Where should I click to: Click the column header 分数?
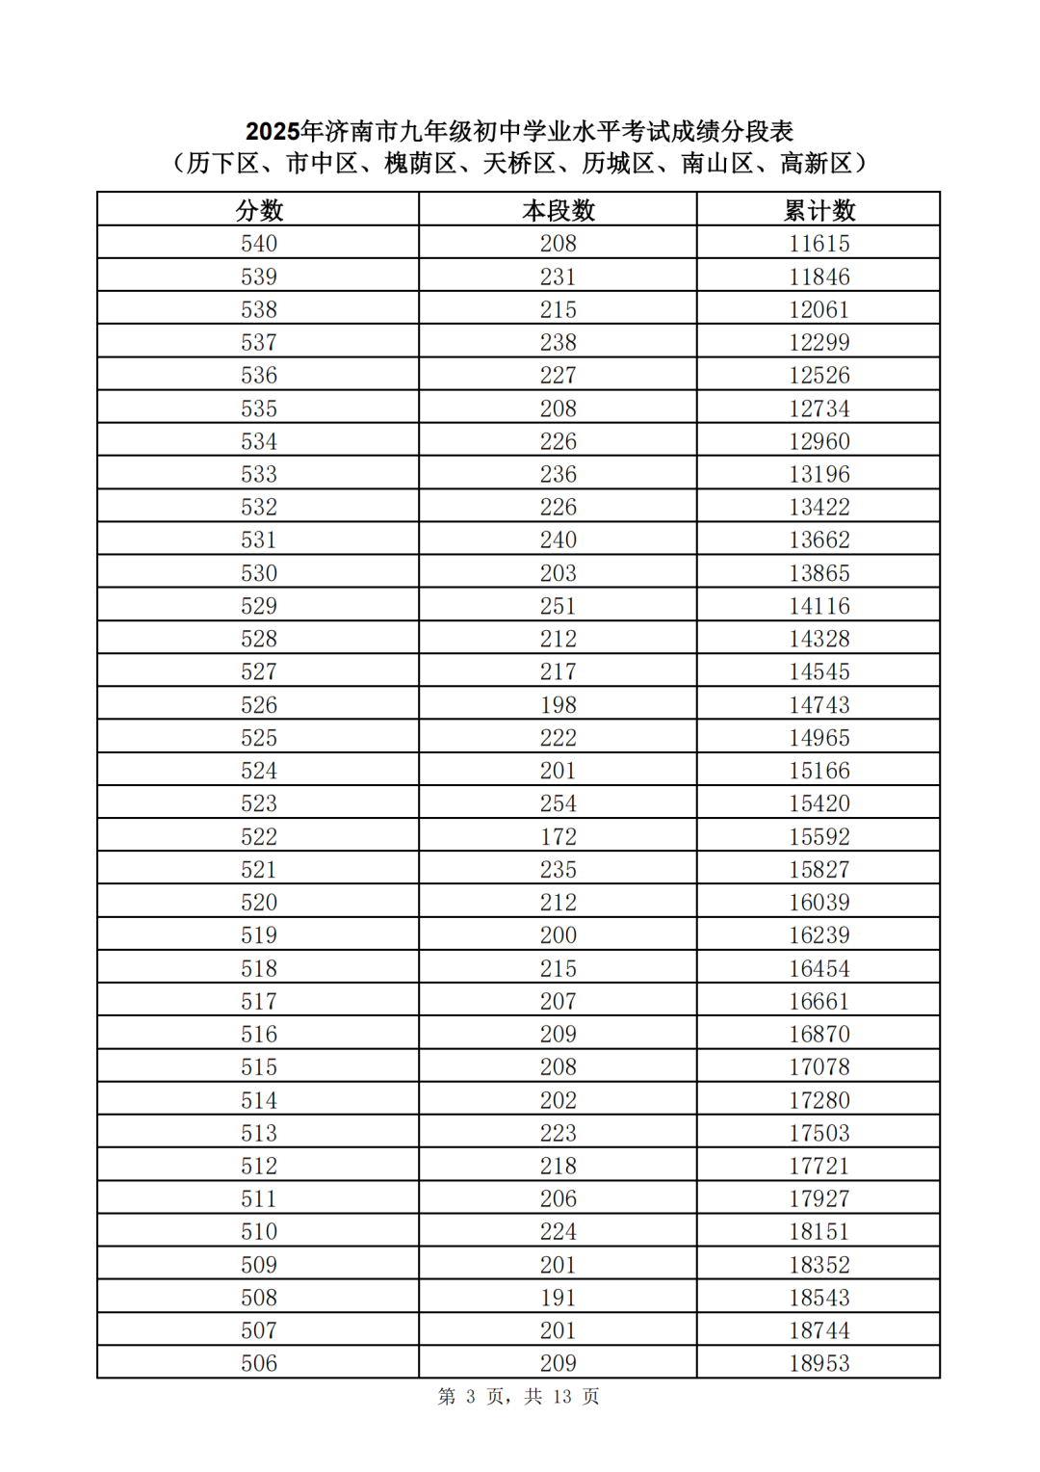[259, 210]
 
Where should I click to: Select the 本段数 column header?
[559, 210]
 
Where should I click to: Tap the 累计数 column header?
[819, 210]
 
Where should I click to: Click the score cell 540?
[259, 244]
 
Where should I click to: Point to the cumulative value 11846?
[819, 277]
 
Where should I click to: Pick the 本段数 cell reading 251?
[559, 606]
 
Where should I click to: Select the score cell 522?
[259, 836]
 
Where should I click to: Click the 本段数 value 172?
[559, 836]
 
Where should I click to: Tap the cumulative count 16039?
[819, 903]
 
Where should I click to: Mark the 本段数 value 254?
[559, 803]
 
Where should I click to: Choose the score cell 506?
[259, 1363]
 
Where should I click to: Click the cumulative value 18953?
[819, 1363]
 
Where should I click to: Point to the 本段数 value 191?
[559, 1298]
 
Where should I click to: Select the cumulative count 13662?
[819, 540]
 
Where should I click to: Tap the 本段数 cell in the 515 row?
[559, 1067]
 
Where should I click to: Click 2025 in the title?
[273, 131]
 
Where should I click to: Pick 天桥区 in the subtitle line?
[518, 164]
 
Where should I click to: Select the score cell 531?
[259, 540]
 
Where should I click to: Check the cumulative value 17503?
[819, 1133]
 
